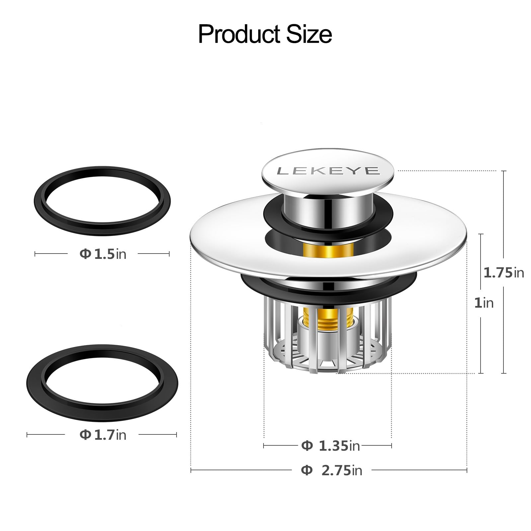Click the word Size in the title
coord(309,35)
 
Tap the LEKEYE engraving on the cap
coord(328,171)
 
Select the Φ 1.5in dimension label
coord(103,254)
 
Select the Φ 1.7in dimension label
coord(103,434)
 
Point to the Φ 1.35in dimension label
coord(331,446)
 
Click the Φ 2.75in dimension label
coord(331,470)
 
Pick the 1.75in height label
coord(503,272)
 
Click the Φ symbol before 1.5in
coord(85,254)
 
